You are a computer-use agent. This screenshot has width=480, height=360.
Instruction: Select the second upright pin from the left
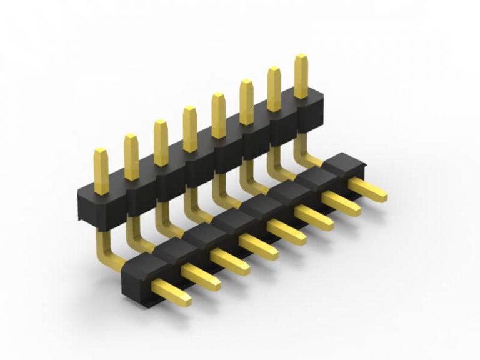(x=131, y=156)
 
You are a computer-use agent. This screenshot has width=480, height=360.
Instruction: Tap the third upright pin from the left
(x=161, y=142)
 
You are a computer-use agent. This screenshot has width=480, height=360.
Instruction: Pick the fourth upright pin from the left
(x=190, y=129)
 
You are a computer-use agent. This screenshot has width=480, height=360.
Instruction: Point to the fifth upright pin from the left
(x=218, y=115)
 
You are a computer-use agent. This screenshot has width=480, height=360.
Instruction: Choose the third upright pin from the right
(x=246, y=101)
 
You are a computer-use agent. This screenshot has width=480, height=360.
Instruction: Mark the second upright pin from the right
(x=274, y=89)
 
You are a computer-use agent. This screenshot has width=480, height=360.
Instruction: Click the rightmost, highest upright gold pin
(x=301, y=76)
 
